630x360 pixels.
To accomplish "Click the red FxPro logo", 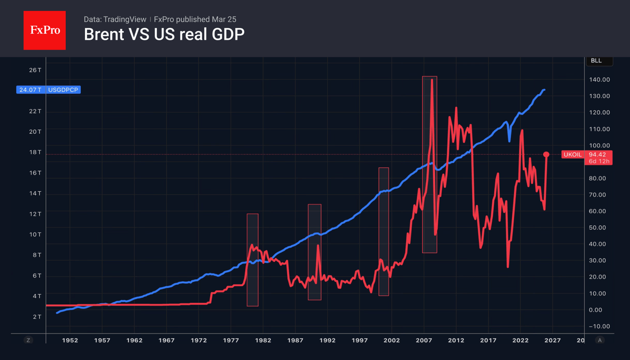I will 44,31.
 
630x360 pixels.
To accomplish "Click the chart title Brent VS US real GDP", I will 164,34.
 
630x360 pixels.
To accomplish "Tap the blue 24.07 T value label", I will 30,90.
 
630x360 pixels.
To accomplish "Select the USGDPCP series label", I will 63,90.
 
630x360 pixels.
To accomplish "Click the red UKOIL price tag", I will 572,154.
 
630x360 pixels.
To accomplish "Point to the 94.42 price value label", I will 598,154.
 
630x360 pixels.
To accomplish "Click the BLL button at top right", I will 597,61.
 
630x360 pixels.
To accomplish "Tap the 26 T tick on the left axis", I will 35,70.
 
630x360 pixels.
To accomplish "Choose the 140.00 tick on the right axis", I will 599,79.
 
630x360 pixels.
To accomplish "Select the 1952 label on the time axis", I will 70,340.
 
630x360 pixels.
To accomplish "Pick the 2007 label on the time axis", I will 424,340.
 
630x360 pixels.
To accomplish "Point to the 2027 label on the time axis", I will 552,340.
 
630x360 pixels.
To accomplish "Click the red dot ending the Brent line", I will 546,154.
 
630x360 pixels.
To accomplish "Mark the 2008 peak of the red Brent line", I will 432,80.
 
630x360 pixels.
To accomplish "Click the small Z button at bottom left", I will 28,340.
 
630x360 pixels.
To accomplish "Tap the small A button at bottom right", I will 600,340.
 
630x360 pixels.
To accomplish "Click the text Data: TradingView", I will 115,19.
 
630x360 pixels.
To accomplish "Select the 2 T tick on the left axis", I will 37,317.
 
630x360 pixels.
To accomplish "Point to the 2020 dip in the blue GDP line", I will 509,141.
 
